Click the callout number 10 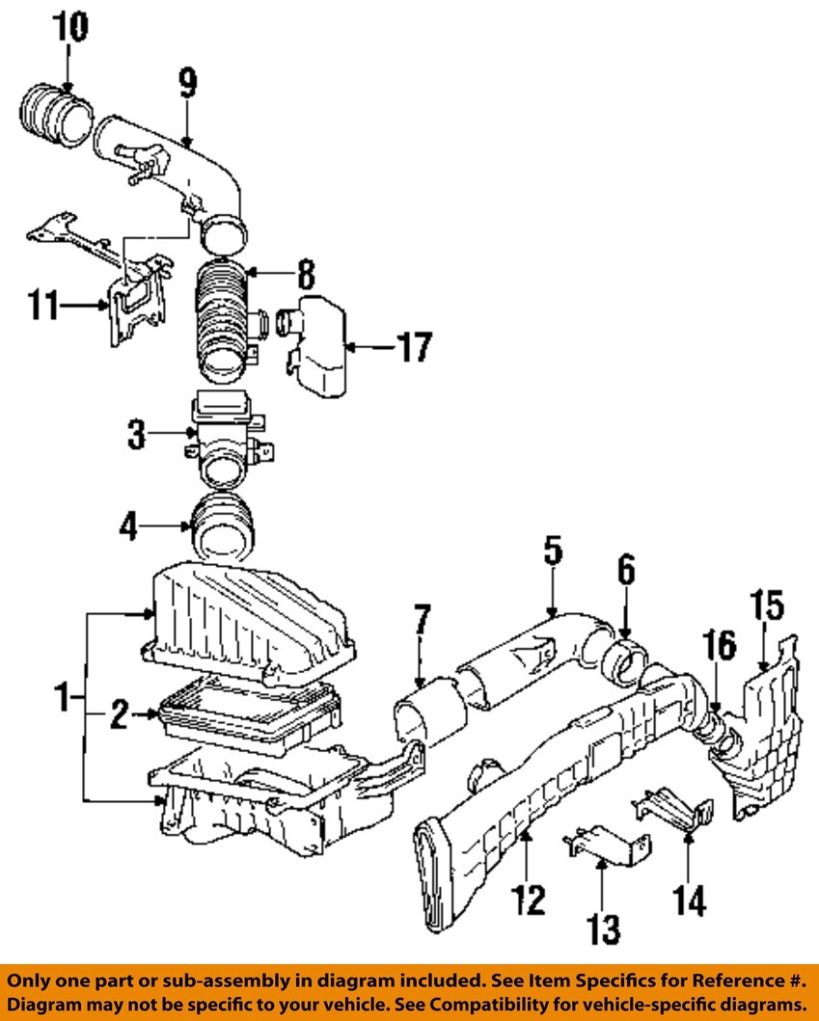69,28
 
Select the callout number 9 188,84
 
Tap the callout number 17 415,347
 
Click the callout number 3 136,435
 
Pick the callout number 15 767,605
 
